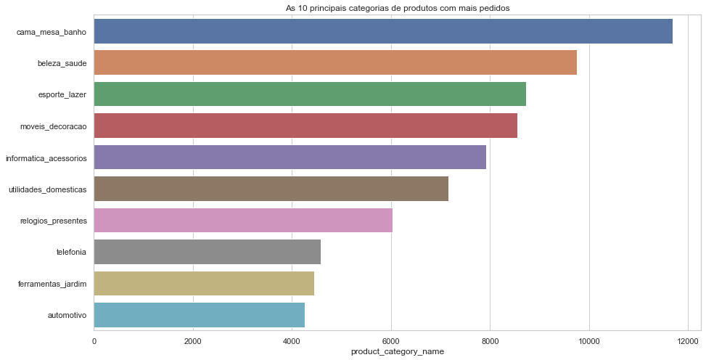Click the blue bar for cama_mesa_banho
tap(383, 31)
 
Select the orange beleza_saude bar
tap(335, 63)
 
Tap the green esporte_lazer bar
tap(310, 94)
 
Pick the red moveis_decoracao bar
tap(305, 126)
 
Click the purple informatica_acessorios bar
tap(290, 157)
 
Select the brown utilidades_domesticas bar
tap(271, 189)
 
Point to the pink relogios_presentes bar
tap(243, 221)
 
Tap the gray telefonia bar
tap(208, 253)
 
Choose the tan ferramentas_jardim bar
tap(204, 284)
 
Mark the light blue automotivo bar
tap(200, 316)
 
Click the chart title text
tap(398, 8)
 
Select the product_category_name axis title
tap(397, 352)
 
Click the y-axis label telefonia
tap(71, 253)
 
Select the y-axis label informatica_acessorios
tap(46, 158)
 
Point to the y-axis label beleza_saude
tap(62, 64)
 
